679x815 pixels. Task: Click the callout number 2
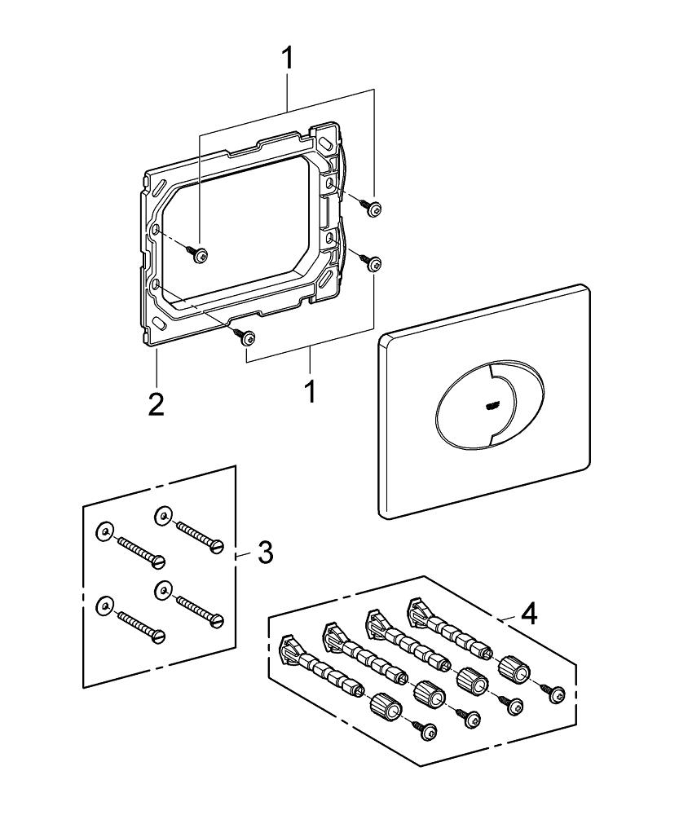coord(156,404)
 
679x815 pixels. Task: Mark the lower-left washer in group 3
coord(104,604)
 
